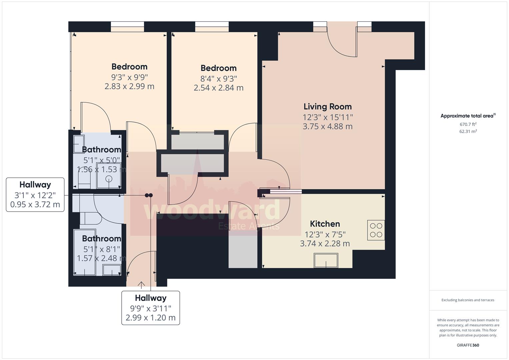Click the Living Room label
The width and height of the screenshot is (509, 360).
click(327, 107)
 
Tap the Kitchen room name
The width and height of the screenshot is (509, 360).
click(325, 224)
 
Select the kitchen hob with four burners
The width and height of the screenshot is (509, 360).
click(376, 230)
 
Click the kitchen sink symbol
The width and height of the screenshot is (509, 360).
click(326, 260)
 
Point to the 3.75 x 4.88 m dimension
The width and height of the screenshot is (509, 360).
click(327, 126)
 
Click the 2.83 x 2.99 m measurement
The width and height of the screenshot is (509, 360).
click(129, 86)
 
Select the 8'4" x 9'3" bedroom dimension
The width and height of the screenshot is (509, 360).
click(218, 79)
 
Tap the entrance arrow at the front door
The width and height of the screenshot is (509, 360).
click(141, 285)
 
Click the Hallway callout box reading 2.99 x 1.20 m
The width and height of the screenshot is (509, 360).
click(150, 308)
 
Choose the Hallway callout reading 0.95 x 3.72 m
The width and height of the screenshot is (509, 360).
click(35, 195)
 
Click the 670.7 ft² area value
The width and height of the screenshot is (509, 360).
click(468, 124)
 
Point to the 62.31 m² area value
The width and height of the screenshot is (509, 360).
click(468, 131)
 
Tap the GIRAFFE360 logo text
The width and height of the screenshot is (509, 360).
click(468, 345)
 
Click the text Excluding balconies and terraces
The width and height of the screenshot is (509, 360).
click(468, 300)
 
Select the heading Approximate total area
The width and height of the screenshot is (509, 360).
click(468, 116)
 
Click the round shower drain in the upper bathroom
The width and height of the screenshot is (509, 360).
click(109, 179)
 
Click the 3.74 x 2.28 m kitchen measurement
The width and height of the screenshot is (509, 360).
click(325, 244)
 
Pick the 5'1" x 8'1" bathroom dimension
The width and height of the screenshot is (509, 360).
click(101, 249)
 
